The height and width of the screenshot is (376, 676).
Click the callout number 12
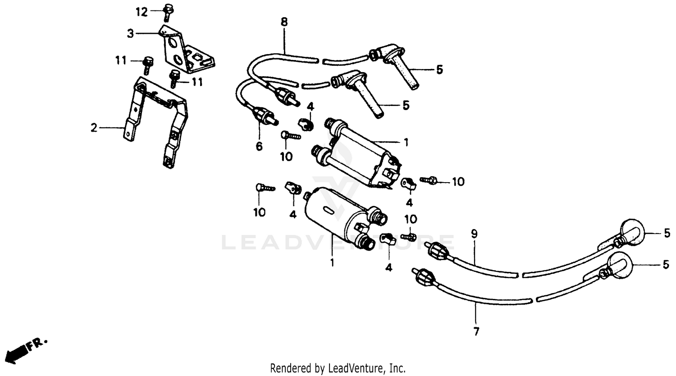[142, 12]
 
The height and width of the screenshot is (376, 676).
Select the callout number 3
[130, 33]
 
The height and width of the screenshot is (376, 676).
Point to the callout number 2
[93, 128]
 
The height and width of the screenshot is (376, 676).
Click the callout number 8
[284, 22]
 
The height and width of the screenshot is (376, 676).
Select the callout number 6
[259, 147]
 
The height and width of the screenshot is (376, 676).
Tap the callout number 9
[474, 234]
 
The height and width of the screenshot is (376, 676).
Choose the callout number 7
[476, 332]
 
